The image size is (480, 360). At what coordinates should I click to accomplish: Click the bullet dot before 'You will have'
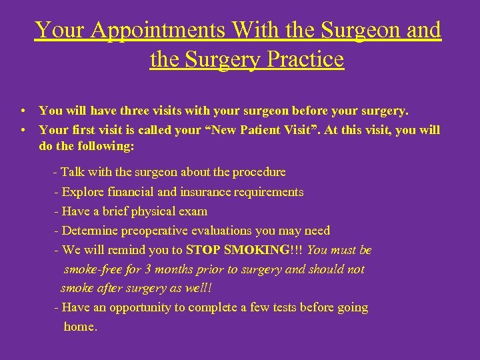coord(23,110)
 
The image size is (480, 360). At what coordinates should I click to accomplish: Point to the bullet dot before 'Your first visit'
coord(23,130)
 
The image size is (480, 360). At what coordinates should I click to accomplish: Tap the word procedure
coord(257,172)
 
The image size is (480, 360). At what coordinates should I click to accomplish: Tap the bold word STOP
coord(203,250)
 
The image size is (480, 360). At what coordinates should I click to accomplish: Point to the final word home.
coord(80,327)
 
